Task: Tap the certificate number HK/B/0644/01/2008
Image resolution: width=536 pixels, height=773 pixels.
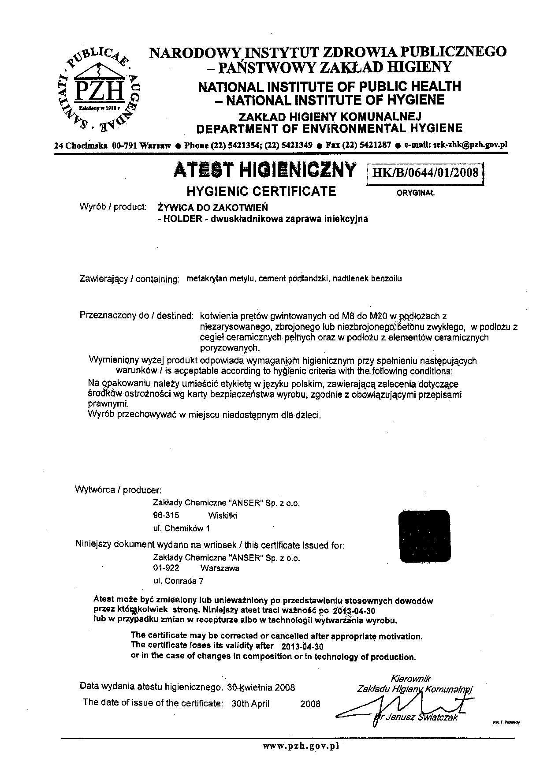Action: (x=425, y=172)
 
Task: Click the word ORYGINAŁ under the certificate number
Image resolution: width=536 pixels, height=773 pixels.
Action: (x=416, y=193)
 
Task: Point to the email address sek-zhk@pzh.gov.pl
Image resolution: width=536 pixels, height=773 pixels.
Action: (x=471, y=145)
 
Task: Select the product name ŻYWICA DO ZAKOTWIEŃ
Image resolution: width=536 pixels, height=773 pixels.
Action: (x=212, y=207)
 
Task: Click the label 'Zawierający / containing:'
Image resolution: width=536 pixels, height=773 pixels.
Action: (x=129, y=279)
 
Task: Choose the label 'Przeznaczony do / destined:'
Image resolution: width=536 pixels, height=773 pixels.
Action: (x=137, y=316)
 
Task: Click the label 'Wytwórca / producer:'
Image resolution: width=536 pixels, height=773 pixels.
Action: (x=119, y=489)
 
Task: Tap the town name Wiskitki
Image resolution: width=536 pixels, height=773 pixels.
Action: (x=222, y=515)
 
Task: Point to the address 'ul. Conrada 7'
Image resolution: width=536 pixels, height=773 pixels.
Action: (x=178, y=581)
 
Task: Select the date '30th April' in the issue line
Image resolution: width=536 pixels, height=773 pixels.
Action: (x=250, y=703)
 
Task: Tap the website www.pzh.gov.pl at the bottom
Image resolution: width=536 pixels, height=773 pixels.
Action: (x=301, y=746)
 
